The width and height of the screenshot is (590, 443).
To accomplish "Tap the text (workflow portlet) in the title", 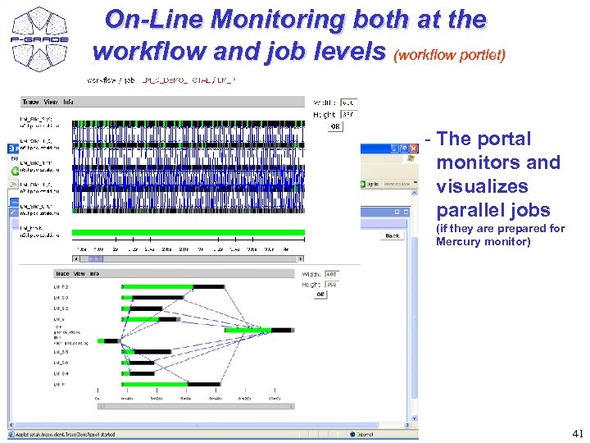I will click(450, 56).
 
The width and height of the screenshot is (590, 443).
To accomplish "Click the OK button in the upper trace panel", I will click(334, 126).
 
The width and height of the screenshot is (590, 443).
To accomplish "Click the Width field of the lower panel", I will click(331, 274).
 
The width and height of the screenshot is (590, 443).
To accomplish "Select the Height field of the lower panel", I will click(331, 284).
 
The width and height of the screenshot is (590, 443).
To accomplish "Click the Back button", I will click(393, 235).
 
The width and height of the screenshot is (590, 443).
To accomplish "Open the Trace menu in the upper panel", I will click(30, 102).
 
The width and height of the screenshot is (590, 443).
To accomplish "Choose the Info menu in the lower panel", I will click(94, 274).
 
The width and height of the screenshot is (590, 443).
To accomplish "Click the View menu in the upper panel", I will click(50, 102).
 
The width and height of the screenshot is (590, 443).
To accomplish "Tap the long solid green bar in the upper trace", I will click(188, 232).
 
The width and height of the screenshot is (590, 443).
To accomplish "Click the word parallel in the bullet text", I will click(468, 210).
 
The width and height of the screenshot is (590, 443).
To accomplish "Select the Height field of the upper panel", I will click(348, 114).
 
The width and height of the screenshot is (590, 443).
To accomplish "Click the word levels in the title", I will click(349, 51).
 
